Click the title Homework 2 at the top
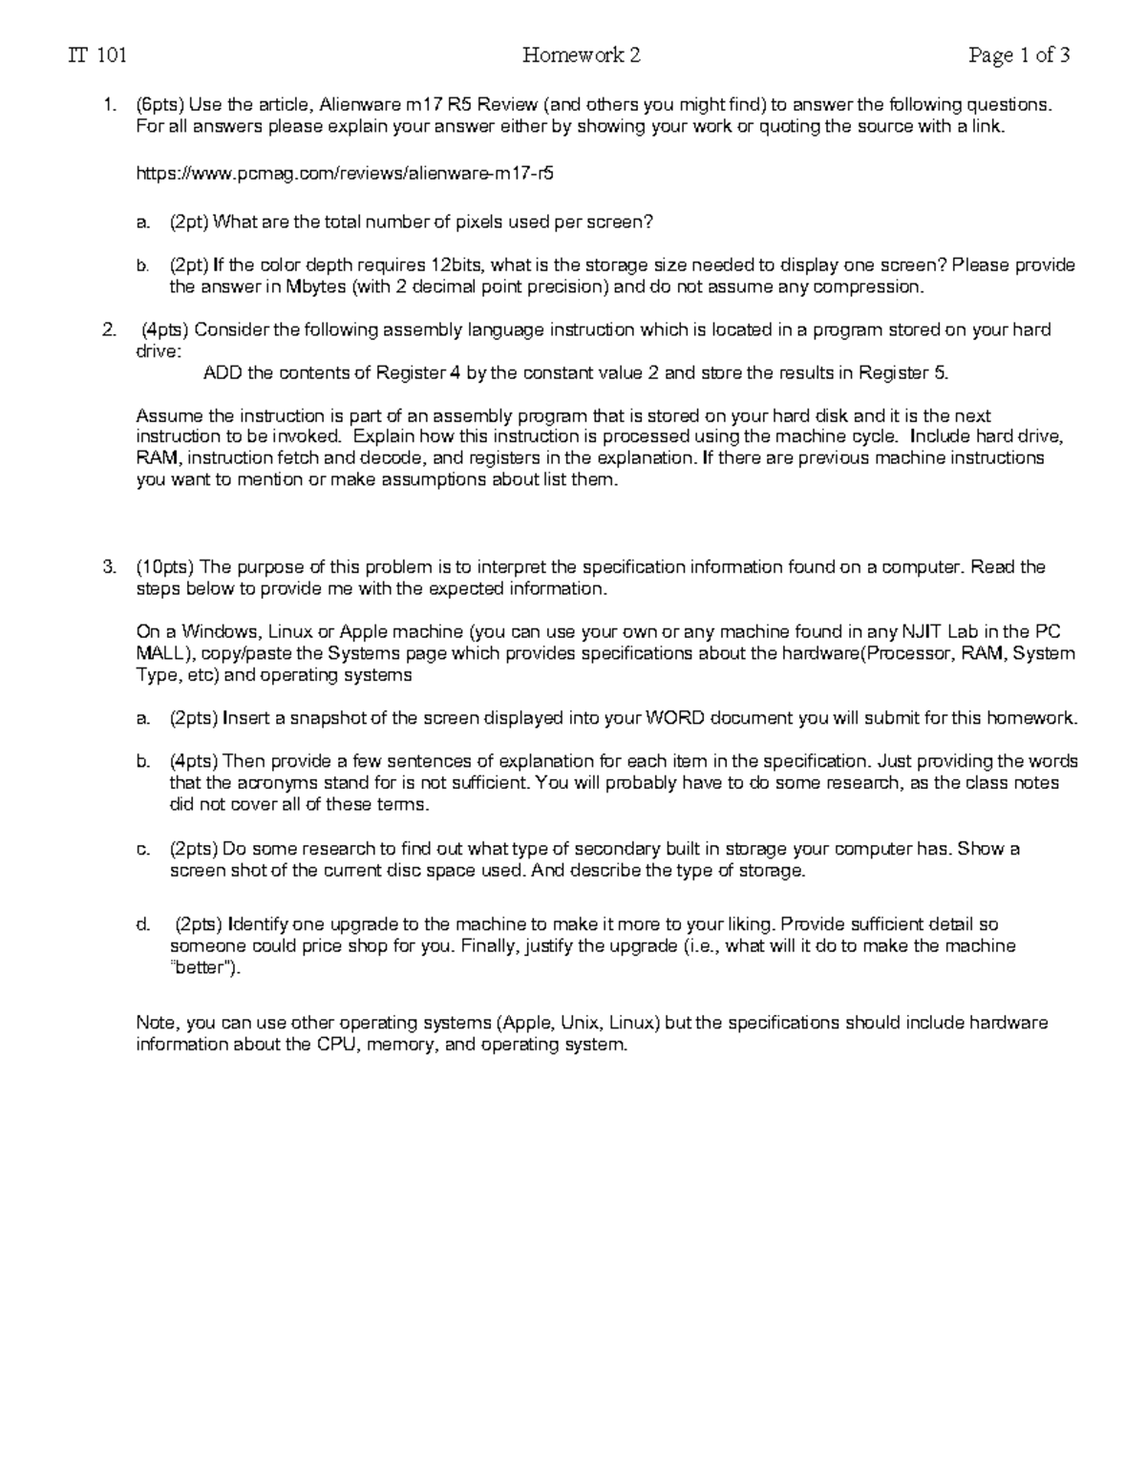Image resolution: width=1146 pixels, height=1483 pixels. coord(581,55)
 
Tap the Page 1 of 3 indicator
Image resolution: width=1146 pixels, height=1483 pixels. coord(1018,55)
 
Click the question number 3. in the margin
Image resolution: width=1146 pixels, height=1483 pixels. coord(109,567)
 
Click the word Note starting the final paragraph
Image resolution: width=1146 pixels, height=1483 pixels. coord(157,1023)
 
